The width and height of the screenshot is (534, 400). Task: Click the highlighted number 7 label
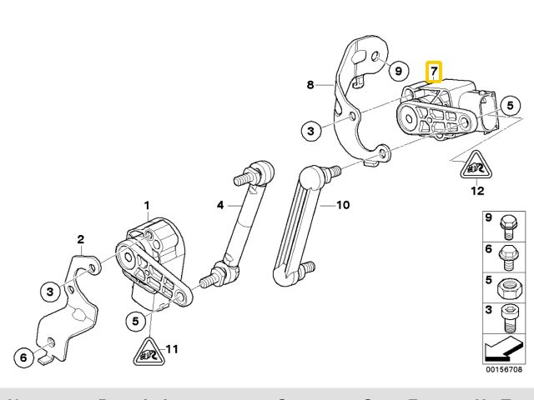click(435, 72)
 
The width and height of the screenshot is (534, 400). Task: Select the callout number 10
click(342, 205)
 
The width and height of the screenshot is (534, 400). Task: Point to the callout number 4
click(220, 204)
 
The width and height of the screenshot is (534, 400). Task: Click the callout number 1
click(147, 205)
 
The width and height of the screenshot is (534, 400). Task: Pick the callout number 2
click(81, 241)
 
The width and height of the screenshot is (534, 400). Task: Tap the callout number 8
click(310, 85)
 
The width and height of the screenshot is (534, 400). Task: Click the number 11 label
click(173, 348)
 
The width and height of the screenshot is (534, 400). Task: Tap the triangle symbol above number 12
click(476, 168)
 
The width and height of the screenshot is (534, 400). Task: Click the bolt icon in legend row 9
click(506, 226)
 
